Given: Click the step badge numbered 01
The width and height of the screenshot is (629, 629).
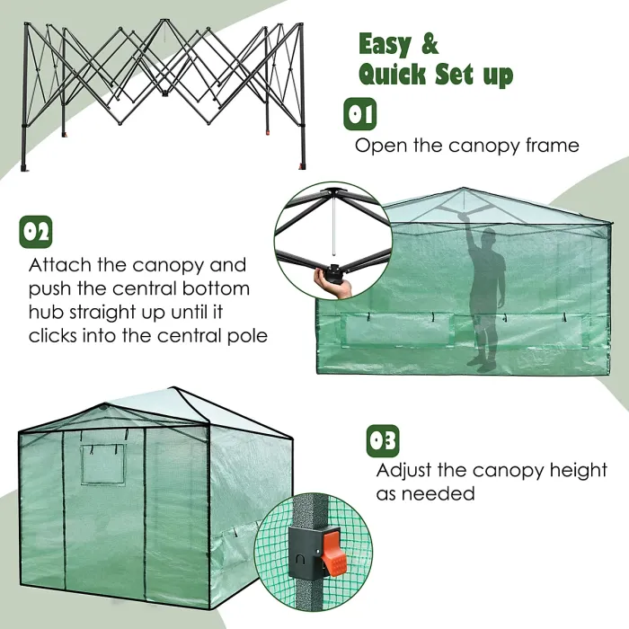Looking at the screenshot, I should tap(361, 114).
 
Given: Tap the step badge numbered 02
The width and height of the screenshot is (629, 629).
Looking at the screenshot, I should tap(36, 231).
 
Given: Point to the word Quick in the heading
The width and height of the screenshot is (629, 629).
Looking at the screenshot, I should tap(393, 74).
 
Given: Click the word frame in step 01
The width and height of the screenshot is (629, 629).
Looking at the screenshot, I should tap(546, 146).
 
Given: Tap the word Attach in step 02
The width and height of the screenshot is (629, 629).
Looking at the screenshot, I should tap(60, 266).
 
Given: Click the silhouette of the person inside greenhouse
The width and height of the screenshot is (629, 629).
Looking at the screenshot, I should tap(486, 297).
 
